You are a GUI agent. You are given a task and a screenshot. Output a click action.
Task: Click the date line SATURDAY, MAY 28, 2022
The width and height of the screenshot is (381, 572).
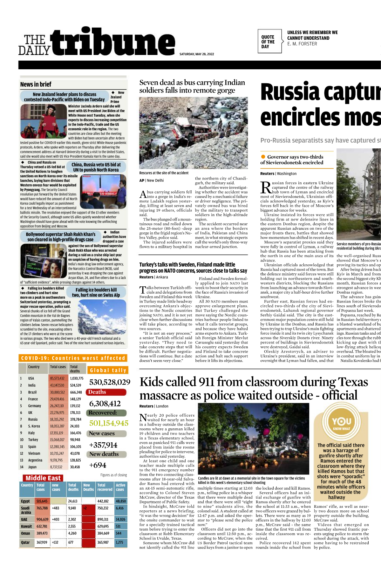pyautogui.click(x=197, y=54)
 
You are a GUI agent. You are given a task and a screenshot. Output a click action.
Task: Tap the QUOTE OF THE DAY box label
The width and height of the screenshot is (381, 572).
pyautogui.click(x=268, y=42)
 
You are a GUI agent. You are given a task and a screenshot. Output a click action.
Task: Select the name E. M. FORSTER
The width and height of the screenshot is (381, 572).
pyautogui.click(x=302, y=44)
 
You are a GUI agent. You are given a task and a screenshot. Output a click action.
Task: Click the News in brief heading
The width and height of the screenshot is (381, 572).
pyautogui.click(x=36, y=84)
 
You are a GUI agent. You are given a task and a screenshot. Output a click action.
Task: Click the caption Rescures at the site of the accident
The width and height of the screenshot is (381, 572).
pyautogui.click(x=164, y=173)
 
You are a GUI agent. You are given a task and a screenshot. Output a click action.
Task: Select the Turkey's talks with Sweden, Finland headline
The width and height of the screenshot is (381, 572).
pyautogui.click(x=193, y=268)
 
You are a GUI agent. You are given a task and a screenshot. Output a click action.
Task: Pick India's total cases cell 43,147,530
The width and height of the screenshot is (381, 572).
pyautogui.click(x=57, y=385)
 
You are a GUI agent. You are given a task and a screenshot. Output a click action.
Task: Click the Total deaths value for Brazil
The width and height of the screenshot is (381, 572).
pyautogui.click(x=76, y=392)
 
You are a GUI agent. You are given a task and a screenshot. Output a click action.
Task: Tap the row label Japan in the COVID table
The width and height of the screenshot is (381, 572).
pyautogui.click(x=32, y=467)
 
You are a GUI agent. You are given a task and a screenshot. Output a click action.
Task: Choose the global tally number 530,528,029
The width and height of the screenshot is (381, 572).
pyautogui.click(x=110, y=382)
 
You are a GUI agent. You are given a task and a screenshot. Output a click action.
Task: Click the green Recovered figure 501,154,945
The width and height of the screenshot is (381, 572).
pyautogui.click(x=109, y=423)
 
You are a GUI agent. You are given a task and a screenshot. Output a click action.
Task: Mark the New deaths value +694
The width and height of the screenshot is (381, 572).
pyautogui.click(x=98, y=465)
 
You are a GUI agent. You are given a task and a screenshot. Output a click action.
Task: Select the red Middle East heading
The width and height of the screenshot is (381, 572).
pyautogui.click(x=43, y=478)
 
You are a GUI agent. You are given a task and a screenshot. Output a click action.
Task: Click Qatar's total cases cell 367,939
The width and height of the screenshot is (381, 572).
pyautogui.click(x=42, y=542)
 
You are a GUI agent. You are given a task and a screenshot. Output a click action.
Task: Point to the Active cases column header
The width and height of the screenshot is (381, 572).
pyautogui.click(x=120, y=487)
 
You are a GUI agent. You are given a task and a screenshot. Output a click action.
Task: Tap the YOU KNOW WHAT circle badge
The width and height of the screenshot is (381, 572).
pyautogui.click(x=341, y=423)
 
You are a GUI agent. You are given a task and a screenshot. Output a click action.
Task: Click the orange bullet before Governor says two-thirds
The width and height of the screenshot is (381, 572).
pyautogui.click(x=263, y=157)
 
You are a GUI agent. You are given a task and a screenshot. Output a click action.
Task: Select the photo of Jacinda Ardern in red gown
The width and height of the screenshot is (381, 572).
pyautogui.click(x=44, y=121)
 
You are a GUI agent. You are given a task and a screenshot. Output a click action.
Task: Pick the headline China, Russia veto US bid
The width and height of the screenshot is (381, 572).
pyautogui.click(x=96, y=167)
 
